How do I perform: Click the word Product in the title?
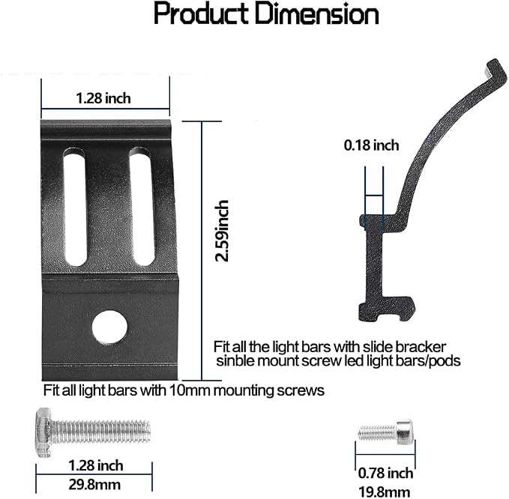(x=202, y=14)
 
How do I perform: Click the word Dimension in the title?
(x=317, y=14)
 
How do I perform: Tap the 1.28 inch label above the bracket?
(x=103, y=98)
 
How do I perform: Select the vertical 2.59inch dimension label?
(x=222, y=231)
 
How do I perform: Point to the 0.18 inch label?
(x=371, y=145)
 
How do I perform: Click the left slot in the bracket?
(x=75, y=206)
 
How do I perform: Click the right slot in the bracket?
(x=142, y=206)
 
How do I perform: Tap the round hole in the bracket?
(x=109, y=327)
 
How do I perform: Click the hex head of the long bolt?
(x=43, y=433)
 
